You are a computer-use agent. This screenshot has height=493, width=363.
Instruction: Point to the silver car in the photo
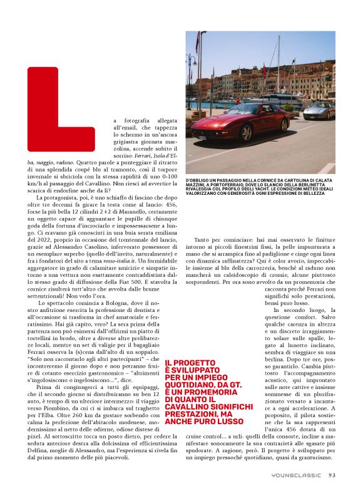[x=319, y=112]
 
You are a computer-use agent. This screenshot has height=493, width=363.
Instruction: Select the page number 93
[x=332, y=475]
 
